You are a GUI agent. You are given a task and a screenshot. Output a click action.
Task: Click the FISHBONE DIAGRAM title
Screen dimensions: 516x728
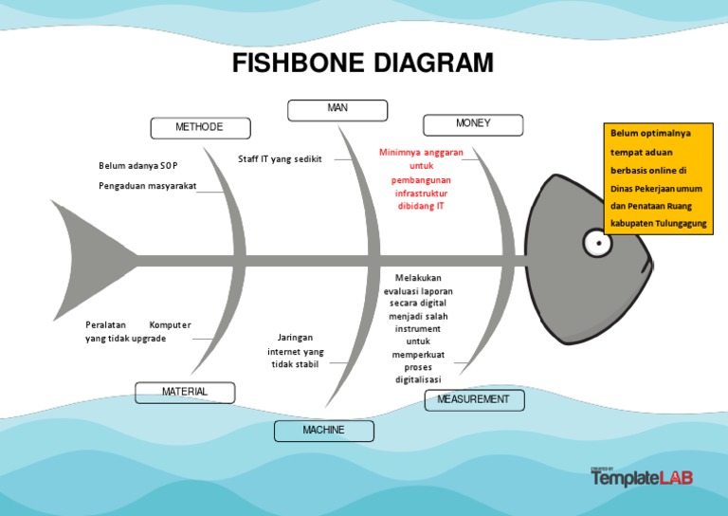pyautogui.click(x=363, y=64)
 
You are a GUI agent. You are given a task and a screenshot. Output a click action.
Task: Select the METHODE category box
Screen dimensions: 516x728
pyautogui.click(x=200, y=127)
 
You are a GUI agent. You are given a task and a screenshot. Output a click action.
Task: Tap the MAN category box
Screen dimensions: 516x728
pyautogui.click(x=337, y=110)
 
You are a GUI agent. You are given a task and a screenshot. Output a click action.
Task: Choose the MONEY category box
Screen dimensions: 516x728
pyautogui.click(x=473, y=124)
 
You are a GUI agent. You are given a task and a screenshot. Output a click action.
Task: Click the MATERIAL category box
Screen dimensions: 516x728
pyautogui.click(x=184, y=392)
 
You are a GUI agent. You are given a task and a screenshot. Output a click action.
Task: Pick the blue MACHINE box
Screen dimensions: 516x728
pyautogui.click(x=323, y=431)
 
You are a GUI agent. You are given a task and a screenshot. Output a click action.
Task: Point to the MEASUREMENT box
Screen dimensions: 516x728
pyautogui.click(x=473, y=399)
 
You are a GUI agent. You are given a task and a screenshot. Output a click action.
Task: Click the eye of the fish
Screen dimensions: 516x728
pyautogui.click(x=597, y=244)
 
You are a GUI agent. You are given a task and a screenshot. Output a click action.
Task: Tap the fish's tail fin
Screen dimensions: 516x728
pyautogui.click(x=90, y=258)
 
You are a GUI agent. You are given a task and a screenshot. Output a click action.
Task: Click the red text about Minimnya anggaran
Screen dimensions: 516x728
pyautogui.click(x=421, y=178)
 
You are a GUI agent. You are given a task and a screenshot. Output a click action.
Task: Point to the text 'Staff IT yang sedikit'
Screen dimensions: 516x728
pyautogui.click(x=280, y=159)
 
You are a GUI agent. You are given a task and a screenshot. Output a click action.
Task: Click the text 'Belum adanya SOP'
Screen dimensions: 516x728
pyautogui.click(x=137, y=165)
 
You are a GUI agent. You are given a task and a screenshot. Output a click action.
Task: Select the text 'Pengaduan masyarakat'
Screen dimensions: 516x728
pyautogui.click(x=147, y=186)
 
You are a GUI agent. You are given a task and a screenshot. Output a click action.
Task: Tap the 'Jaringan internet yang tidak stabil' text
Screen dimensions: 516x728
pyautogui.click(x=295, y=351)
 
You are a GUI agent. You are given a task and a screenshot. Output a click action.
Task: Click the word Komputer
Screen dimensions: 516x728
pyautogui.click(x=170, y=324)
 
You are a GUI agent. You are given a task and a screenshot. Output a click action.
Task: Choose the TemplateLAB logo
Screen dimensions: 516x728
pyautogui.click(x=641, y=477)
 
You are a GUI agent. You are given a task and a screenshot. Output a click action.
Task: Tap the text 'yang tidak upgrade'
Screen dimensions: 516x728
pyautogui.click(x=125, y=339)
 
